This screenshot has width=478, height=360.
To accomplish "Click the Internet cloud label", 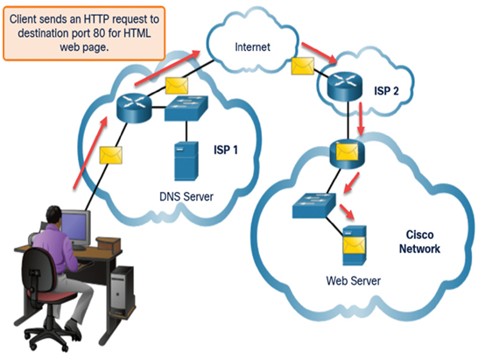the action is (252, 47).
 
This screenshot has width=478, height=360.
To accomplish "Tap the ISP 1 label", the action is (226, 150).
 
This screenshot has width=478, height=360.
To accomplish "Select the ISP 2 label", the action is (387, 90).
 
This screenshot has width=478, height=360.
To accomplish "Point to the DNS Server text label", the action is (186, 196).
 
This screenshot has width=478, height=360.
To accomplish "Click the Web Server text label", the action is (354, 280).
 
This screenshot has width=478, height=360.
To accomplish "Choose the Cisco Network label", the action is (419, 242).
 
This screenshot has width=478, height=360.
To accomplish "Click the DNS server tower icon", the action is (186, 161).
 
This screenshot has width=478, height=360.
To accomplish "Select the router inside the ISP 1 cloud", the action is (134, 109).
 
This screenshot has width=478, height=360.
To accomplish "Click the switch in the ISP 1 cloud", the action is (186, 109).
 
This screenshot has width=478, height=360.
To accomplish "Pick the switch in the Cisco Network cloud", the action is (314, 205).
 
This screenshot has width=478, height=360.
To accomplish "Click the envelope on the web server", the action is (355, 246).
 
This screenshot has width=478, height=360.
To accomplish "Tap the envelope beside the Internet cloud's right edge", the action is (303, 66).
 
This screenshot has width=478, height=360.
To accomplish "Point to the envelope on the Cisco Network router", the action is (347, 152).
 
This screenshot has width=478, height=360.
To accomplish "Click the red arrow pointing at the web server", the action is (348, 212).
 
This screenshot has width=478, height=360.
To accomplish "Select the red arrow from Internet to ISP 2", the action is (320, 53).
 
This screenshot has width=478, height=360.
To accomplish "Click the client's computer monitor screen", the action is (74, 225).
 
